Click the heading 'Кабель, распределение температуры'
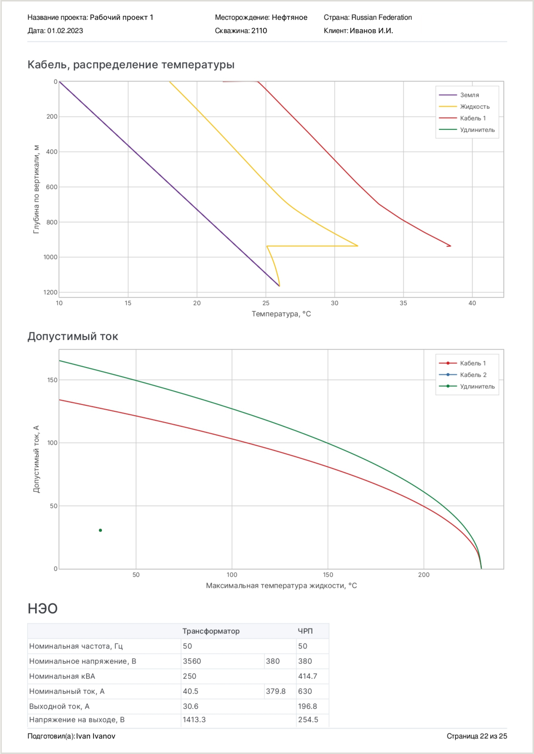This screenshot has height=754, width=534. [131, 65]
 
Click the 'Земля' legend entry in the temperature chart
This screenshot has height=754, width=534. [469, 95]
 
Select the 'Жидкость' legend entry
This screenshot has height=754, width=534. [474, 107]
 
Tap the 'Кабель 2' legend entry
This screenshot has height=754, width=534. [473, 375]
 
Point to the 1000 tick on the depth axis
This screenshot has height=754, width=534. [50, 257]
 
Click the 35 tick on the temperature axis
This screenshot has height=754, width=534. [403, 303]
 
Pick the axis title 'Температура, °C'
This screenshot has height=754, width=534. [281, 314]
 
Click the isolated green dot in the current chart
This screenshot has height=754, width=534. [100, 530]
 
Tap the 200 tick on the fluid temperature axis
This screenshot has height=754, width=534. [424, 575]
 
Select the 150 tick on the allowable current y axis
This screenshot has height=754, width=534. [52, 380]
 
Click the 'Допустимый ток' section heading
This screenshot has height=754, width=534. [73, 337]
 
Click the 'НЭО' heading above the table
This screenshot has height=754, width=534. [43, 609]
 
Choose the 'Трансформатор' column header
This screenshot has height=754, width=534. [211, 631]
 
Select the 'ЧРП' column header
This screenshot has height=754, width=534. [305, 631]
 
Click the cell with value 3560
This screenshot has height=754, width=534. [192, 661]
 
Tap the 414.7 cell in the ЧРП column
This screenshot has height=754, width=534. [308, 676]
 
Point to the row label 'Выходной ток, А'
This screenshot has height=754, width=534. [59, 706]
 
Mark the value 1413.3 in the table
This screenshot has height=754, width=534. [194, 720]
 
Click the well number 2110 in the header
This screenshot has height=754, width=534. [259, 31]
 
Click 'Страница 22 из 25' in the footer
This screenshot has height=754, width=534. [477, 736]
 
